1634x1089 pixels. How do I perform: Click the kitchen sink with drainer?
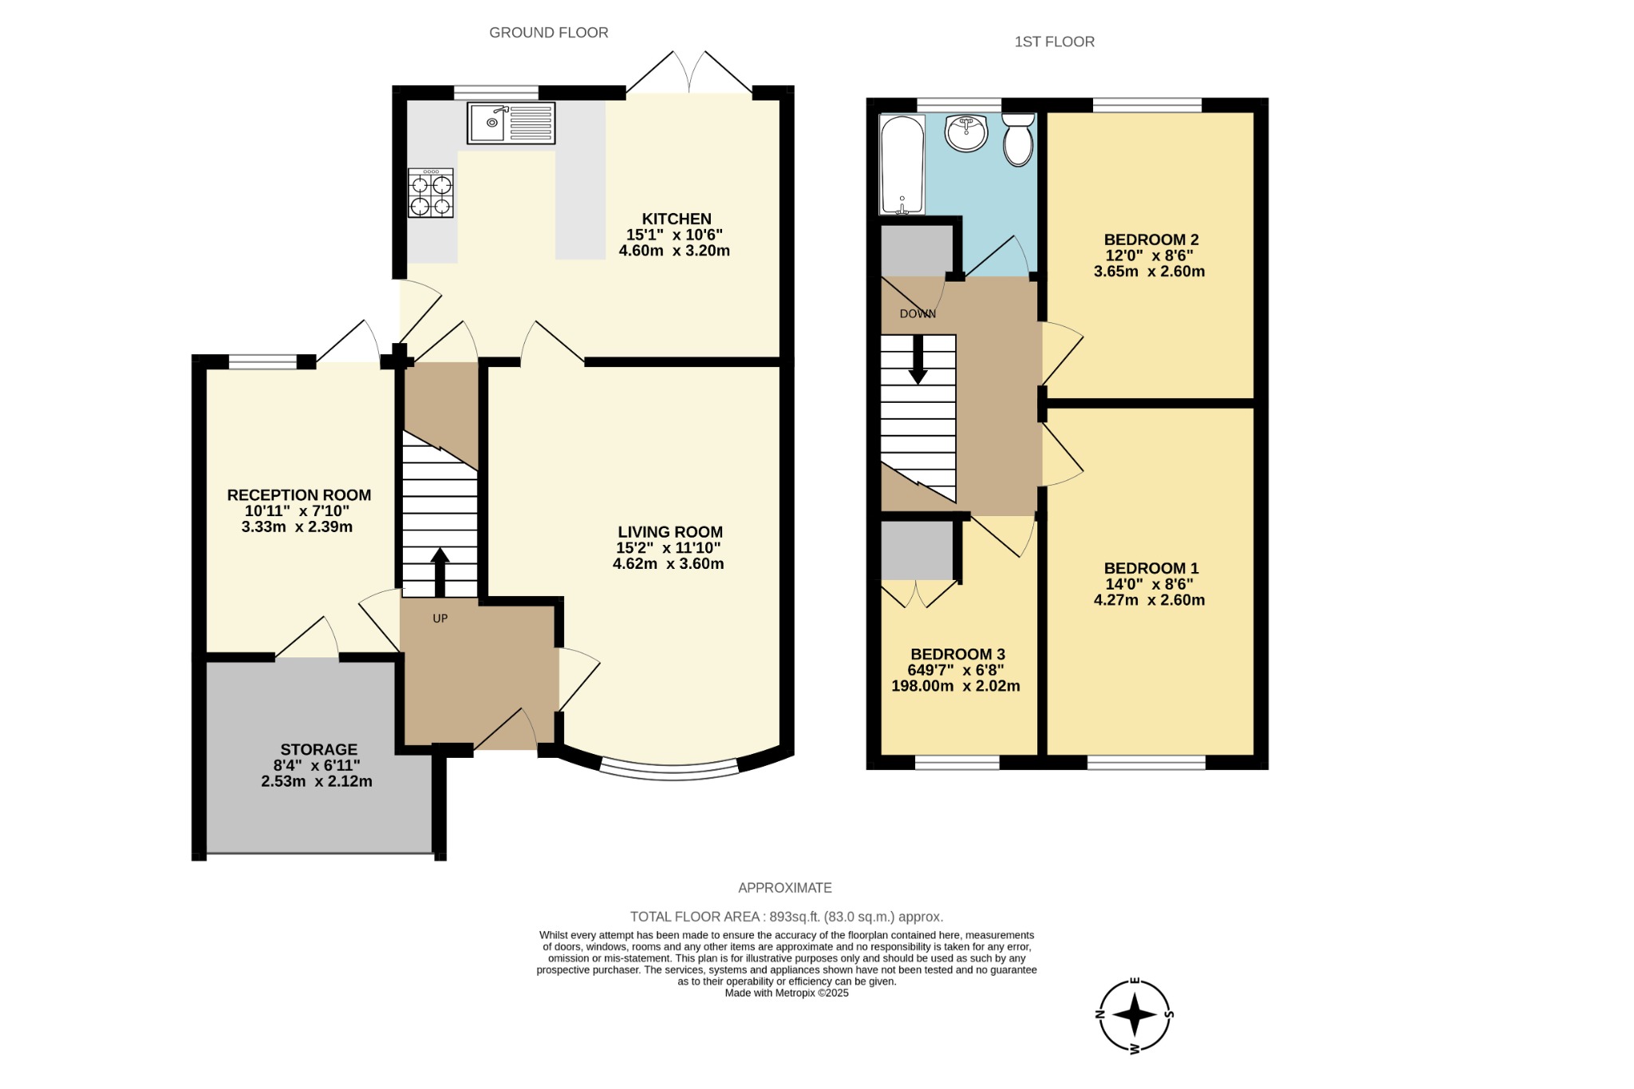click(511, 124)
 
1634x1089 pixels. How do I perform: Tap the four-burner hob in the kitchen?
click(431, 193)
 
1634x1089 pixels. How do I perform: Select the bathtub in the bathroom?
click(902, 164)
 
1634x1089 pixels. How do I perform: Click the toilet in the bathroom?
click(1018, 140)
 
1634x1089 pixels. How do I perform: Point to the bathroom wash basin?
click(965, 132)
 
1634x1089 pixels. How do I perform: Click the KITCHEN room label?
click(677, 219)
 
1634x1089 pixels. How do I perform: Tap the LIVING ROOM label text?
click(670, 532)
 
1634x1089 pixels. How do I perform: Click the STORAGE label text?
click(318, 749)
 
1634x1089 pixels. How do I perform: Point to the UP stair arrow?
click(440, 570)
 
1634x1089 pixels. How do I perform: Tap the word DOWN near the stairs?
click(918, 314)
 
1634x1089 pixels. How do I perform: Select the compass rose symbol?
click(1134, 1016)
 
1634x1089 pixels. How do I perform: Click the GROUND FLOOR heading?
click(548, 33)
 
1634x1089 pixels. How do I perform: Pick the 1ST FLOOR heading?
click(1054, 41)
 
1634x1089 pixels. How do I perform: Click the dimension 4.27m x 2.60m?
click(1149, 600)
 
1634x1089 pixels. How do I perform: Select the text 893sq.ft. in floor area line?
click(796, 917)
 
